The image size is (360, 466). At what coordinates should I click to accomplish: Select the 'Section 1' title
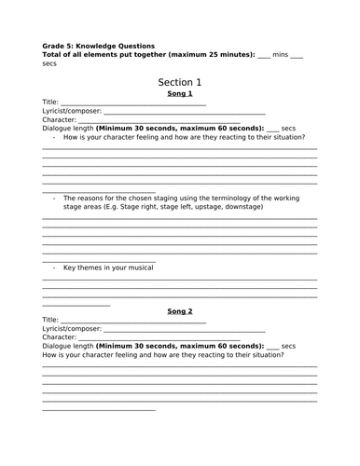[179, 82]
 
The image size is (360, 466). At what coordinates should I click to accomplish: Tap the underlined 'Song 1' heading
[179, 94]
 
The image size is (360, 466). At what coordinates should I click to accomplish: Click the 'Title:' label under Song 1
[50, 103]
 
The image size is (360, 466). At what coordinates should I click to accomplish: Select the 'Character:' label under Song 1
[59, 120]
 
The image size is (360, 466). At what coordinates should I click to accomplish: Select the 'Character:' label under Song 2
[59, 336]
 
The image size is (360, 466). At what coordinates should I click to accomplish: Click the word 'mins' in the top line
[280, 54]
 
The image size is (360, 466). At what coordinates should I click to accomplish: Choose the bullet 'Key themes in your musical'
[108, 267]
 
